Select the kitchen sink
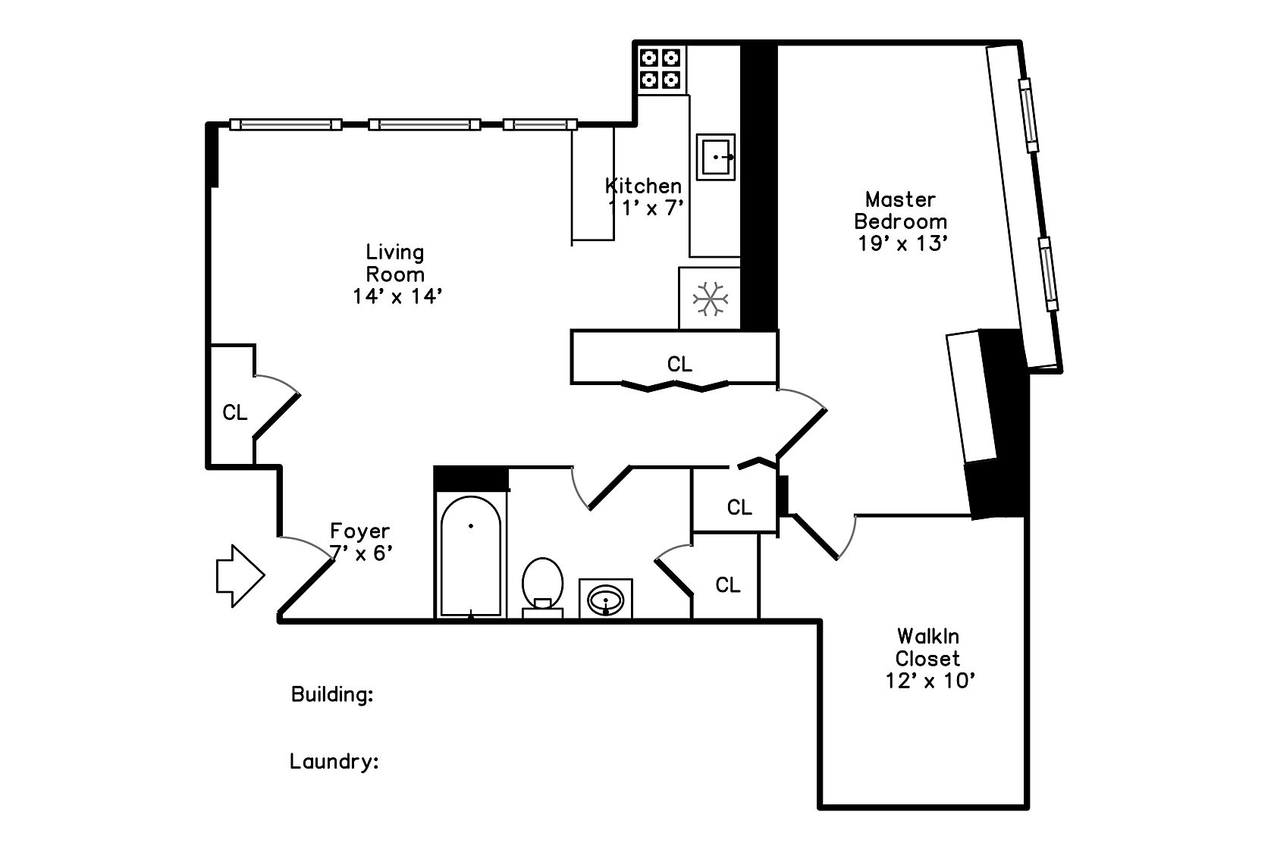716,158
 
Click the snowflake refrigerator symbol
711,299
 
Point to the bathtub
470,557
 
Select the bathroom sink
605,599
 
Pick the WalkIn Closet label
928,647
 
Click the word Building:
332,694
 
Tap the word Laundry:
334,761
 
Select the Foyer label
359,531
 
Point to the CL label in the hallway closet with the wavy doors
679,365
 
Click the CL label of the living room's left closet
234,412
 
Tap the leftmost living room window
285,124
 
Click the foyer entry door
307,585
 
